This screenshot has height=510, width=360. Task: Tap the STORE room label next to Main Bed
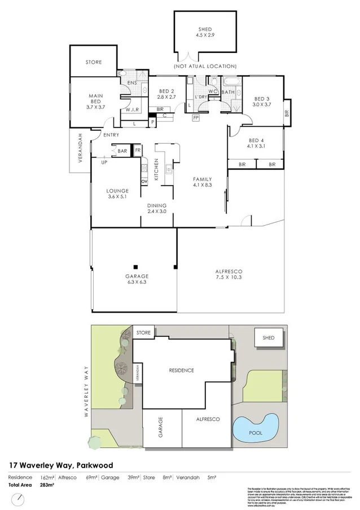(x=94, y=62)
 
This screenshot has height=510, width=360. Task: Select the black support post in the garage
(x=135, y=266)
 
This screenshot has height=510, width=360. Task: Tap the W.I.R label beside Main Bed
(x=133, y=109)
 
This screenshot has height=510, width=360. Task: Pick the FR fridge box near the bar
(x=137, y=151)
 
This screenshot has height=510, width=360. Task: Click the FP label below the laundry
(x=196, y=118)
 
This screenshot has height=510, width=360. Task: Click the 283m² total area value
(x=47, y=485)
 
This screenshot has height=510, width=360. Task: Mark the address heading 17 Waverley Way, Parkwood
(x=61, y=465)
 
